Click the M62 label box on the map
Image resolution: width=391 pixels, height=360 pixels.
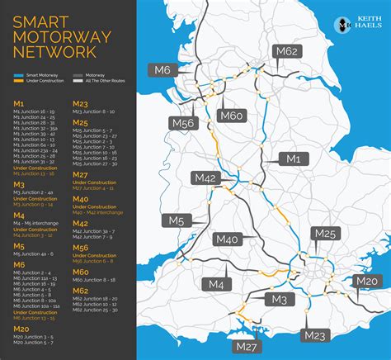tap(286, 52)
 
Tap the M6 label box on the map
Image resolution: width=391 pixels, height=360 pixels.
tap(160, 71)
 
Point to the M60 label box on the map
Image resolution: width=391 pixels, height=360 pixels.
tap(232, 116)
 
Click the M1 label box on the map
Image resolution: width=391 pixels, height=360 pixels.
tap(293, 159)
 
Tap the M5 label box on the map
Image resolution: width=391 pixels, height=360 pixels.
tap(177, 220)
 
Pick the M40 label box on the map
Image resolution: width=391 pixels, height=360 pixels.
tap(226, 239)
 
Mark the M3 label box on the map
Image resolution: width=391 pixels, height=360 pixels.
tap(279, 299)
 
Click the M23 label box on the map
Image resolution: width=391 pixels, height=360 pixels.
tap(314, 334)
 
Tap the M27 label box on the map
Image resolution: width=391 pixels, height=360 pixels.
tap(247, 345)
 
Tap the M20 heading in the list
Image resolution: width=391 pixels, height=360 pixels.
tap(21, 328)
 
